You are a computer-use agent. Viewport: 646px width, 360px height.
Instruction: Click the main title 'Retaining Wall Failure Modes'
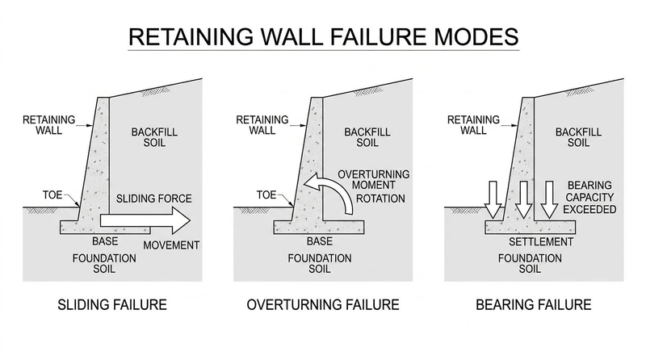(324, 36)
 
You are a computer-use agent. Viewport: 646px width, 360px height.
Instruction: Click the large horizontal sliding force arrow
(145, 220)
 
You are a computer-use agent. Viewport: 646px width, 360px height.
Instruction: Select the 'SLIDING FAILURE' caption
(112, 305)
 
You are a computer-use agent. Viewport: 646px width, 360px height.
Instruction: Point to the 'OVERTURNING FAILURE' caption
(323, 305)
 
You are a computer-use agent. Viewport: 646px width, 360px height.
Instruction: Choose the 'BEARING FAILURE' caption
(534, 305)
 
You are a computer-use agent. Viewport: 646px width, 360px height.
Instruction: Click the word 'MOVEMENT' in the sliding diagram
(171, 245)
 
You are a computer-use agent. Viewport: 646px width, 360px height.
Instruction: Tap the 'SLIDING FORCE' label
(154, 199)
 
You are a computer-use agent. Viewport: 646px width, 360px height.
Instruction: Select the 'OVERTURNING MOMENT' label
(374, 179)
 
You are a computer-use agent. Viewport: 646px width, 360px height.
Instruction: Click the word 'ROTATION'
(380, 199)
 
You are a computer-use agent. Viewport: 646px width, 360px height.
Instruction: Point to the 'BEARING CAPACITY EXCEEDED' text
(589, 197)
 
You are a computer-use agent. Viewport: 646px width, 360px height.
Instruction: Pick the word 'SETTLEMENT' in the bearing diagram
(541, 242)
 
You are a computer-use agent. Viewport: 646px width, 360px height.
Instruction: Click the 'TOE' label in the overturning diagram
(266, 195)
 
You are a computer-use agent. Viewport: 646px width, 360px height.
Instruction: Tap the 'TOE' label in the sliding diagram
(52, 195)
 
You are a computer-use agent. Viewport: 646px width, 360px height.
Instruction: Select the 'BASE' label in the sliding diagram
(105, 241)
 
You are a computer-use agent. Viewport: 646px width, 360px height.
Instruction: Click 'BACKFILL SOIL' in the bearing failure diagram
(578, 137)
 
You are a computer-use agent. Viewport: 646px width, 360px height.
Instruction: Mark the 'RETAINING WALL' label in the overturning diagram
(262, 125)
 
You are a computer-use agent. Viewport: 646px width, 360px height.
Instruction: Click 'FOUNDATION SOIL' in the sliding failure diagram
(104, 264)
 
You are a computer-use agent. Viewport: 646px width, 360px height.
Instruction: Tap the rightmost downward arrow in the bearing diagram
(549, 199)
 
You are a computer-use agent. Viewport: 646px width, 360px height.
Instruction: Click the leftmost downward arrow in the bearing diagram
(493, 199)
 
